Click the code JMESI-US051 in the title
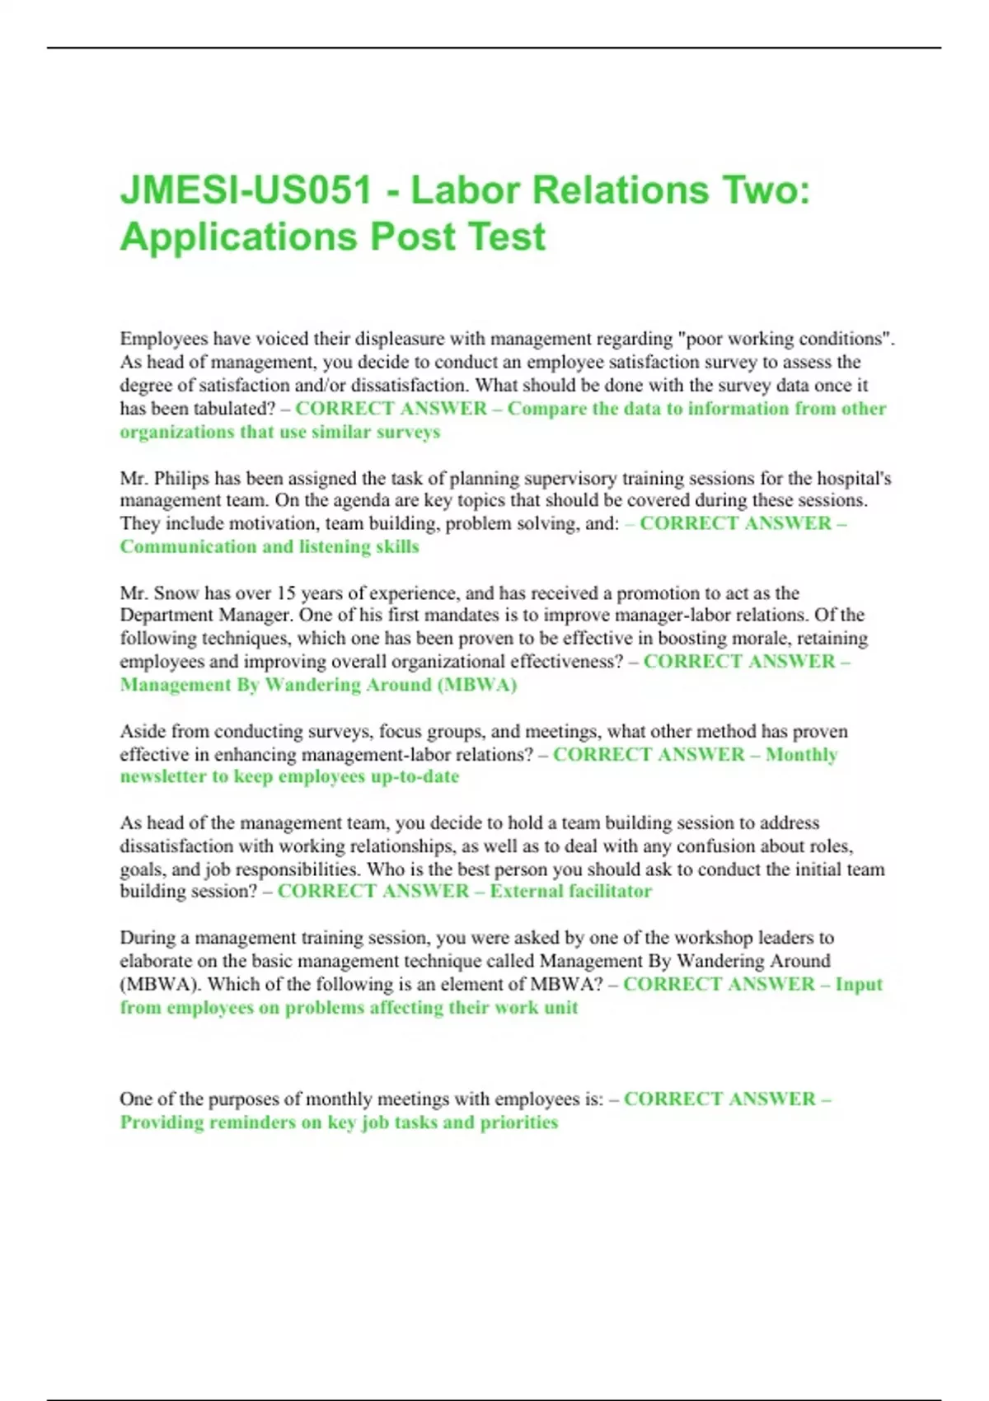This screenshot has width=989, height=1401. (246, 190)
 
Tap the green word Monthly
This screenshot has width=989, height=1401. (801, 754)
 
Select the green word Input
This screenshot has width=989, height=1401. (858, 984)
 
